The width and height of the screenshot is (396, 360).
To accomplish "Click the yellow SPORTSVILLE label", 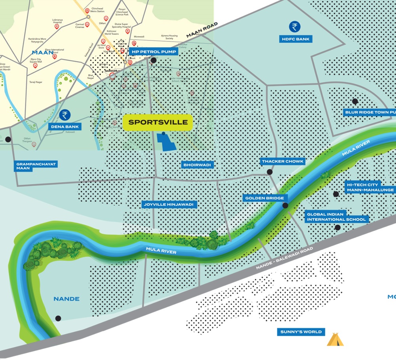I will point(158,123).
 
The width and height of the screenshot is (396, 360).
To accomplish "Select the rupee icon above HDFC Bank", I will point(294,27).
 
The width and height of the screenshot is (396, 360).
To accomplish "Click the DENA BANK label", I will point(65,127).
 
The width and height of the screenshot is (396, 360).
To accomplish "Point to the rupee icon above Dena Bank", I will point(65,115).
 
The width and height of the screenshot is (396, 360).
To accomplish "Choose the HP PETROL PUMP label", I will point(153,52).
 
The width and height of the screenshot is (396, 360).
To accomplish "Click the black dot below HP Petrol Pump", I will point(154,60).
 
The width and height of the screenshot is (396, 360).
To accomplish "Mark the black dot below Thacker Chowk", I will point(270,172).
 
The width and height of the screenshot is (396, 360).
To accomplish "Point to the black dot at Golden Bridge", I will point(285,205).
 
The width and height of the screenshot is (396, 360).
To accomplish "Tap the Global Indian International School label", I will point(337,216).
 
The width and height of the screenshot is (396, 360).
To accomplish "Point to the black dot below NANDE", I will point(58,318).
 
